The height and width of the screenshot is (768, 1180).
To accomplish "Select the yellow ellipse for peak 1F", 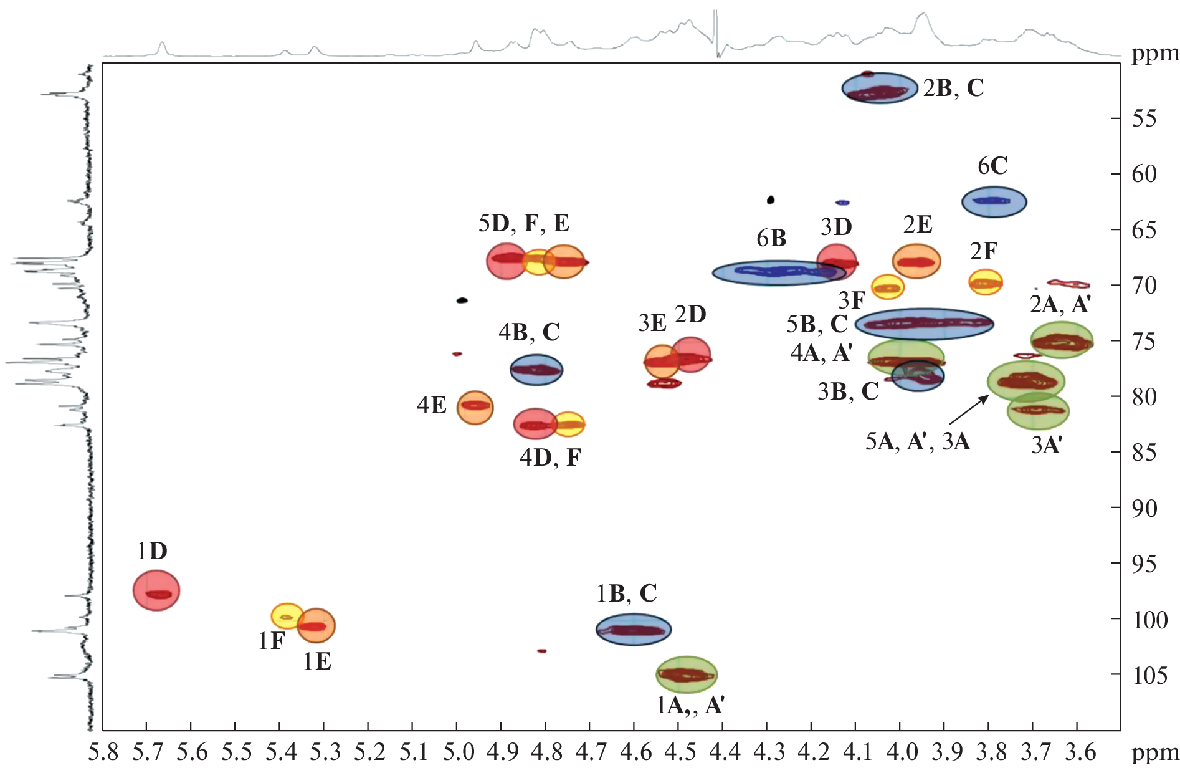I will click(286, 616).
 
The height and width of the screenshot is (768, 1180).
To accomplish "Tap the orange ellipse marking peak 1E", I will click(316, 625).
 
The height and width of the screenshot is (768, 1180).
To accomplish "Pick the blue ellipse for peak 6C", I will click(994, 201).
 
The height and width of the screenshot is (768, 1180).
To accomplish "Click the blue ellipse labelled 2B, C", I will click(880, 88).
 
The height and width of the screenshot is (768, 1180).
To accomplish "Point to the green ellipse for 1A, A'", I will click(687, 674).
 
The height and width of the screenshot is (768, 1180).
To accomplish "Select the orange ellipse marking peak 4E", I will click(475, 408).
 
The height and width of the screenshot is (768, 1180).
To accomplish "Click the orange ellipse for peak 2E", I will click(916, 261).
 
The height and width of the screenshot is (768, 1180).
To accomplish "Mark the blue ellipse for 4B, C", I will click(536, 370).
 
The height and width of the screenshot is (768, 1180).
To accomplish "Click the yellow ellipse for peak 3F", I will click(887, 287).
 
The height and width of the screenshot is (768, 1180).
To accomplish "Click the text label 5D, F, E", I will click(524, 223).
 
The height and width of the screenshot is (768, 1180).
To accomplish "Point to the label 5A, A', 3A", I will click(917, 442).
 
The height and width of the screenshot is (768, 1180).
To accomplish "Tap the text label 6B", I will click(771, 238).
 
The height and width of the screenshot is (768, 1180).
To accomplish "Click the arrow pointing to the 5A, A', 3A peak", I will click(969, 411).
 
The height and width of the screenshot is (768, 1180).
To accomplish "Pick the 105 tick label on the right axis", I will click(1150, 675).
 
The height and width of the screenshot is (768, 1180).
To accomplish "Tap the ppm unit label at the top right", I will click(1155, 54).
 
